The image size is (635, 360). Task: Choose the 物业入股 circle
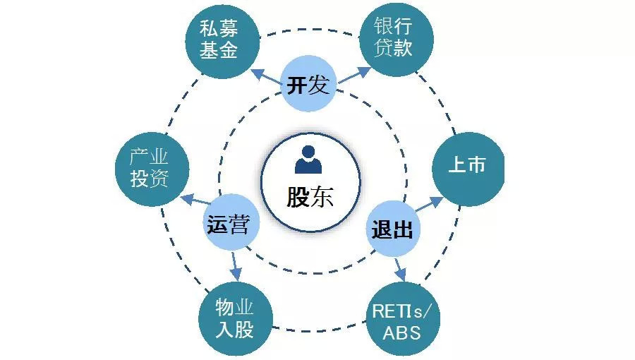click(234, 318)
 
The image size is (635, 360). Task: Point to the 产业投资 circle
click(149, 168)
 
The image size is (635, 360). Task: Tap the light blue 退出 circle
click(392, 229)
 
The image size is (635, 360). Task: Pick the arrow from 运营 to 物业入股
click(235, 265)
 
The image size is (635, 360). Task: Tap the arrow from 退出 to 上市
click(429, 205)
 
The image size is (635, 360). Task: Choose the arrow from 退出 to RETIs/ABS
click(400, 267)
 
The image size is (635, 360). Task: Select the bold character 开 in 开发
click(297, 86)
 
